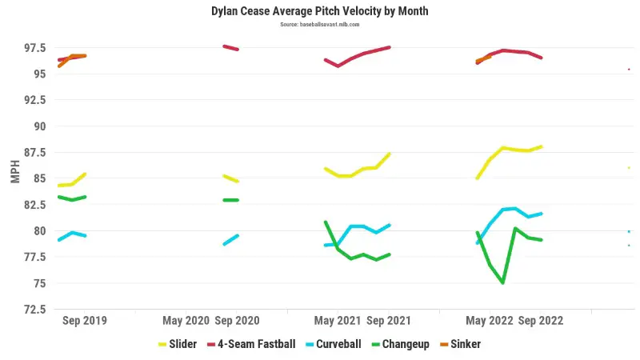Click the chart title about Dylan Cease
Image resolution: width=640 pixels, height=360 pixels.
click(320, 12)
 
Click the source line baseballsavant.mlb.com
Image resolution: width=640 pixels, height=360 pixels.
click(320, 25)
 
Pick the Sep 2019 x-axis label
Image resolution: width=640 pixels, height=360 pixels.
click(85, 321)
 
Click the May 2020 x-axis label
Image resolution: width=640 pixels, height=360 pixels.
click(186, 321)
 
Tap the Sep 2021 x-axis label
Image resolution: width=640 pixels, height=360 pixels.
click(389, 321)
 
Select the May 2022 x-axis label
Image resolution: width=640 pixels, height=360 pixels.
click(489, 321)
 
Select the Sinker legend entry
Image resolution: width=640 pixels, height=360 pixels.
click(465, 344)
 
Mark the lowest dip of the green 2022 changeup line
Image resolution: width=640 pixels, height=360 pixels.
click(502, 282)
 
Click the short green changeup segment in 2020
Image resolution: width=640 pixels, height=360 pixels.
click(230, 200)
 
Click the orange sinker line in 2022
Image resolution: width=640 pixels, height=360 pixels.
click(483, 58)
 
